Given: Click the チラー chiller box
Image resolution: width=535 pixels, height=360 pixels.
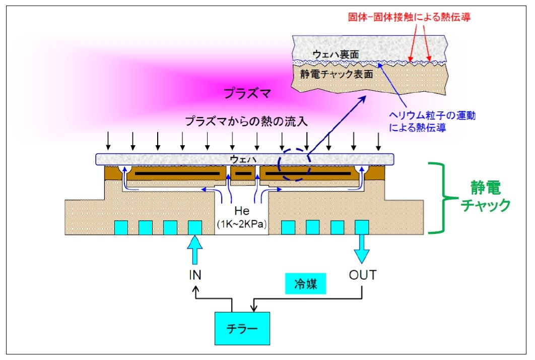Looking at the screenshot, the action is pyautogui.click(x=242, y=328).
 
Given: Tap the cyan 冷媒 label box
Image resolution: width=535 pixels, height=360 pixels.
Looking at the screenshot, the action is pyautogui.click(x=305, y=283).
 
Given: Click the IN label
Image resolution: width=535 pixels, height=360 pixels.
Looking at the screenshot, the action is pyautogui.click(x=195, y=275).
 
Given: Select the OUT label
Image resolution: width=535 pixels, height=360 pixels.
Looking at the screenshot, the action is pyautogui.click(x=362, y=275).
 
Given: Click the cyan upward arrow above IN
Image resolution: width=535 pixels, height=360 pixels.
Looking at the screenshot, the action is pyautogui.click(x=195, y=250).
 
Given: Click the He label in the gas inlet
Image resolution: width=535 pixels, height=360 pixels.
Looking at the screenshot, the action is pyautogui.click(x=242, y=211).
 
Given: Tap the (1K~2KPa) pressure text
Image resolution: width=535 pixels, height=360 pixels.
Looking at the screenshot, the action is pyautogui.click(x=242, y=224).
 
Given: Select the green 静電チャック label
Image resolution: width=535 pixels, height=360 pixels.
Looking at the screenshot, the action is pyautogui.click(x=485, y=196).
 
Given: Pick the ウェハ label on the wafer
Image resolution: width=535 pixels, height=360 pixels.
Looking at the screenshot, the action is pyautogui.click(x=243, y=159).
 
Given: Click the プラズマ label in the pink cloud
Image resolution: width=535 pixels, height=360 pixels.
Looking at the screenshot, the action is pyautogui.click(x=247, y=93).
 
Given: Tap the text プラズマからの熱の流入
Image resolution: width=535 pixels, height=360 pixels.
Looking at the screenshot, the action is pyautogui.click(x=246, y=121).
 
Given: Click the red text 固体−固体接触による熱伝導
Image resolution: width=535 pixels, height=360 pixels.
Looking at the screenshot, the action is pyautogui.click(x=409, y=17).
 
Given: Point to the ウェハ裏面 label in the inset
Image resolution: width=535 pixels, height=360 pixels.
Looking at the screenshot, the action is pyautogui.click(x=336, y=54).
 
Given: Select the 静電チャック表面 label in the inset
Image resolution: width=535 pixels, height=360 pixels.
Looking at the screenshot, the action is pyautogui.click(x=337, y=74).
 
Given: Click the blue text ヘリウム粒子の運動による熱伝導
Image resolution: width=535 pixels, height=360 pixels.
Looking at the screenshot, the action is pyautogui.click(x=432, y=122).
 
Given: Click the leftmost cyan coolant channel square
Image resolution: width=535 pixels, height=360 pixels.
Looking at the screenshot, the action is pyautogui.click(x=121, y=227).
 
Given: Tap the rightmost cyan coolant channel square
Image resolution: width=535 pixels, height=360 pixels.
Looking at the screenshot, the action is pyautogui.click(x=362, y=227).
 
